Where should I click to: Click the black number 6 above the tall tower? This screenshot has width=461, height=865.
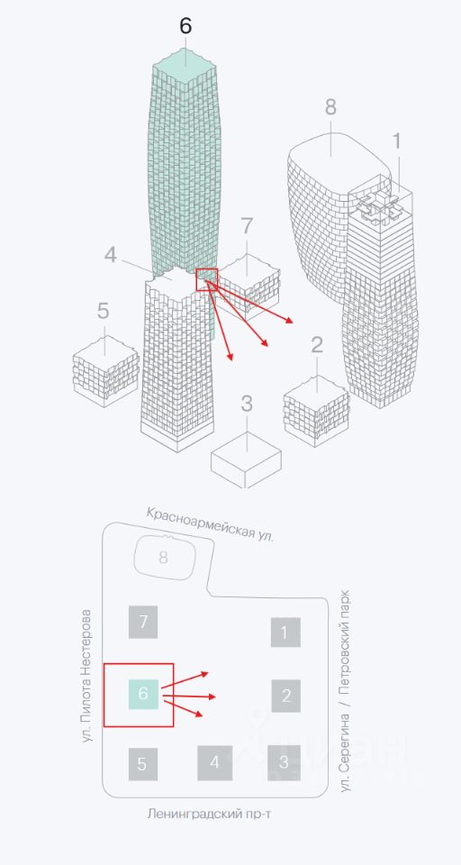pyautogui.click(x=185, y=26)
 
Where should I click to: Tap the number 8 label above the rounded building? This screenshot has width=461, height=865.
pyautogui.click(x=330, y=107)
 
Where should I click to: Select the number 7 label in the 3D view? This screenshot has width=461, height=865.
pyautogui.click(x=247, y=226)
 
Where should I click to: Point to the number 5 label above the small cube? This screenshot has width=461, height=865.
pyautogui.click(x=104, y=311)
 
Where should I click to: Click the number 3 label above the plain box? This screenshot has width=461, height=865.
pyautogui.click(x=247, y=404)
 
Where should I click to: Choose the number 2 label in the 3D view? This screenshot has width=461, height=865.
pyautogui.click(x=317, y=345)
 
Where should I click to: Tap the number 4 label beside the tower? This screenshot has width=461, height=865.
pyautogui.click(x=111, y=255)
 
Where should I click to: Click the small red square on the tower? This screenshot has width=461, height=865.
pyautogui.click(x=207, y=279)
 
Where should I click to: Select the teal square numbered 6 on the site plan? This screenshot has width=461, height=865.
pyautogui.click(x=143, y=694)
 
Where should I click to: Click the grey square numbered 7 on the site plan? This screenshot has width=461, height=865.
pyautogui.click(x=143, y=622)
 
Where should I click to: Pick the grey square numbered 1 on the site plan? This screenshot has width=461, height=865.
pyautogui.click(x=285, y=633)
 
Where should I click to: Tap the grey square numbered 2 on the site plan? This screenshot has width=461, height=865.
pyautogui.click(x=285, y=696)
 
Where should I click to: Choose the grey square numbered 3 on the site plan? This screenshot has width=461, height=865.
pyautogui.click(x=284, y=763)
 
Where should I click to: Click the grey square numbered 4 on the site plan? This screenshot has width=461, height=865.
pyautogui.click(x=215, y=763)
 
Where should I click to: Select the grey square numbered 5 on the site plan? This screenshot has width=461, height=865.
pyautogui.click(x=143, y=764)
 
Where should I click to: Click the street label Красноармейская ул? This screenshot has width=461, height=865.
pyautogui.click(x=210, y=524)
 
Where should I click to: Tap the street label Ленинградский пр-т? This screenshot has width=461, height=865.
pyautogui.click(x=210, y=814)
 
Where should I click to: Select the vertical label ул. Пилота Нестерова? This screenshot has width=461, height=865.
pyautogui.click(x=86, y=675)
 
